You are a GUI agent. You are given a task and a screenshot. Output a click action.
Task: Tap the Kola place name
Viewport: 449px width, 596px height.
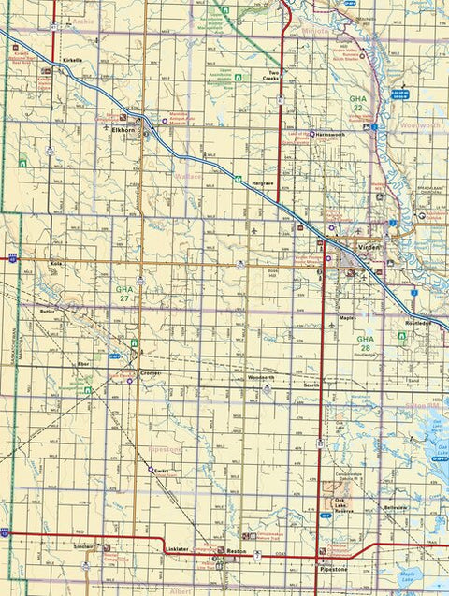(x=55, y=265)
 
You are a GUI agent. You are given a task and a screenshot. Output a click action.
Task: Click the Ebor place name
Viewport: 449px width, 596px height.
(x=83, y=361)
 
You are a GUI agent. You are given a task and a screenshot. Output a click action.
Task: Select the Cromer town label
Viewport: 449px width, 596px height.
(x=150, y=372)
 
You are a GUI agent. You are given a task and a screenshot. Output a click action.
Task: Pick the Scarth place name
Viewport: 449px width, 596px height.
(x=311, y=385)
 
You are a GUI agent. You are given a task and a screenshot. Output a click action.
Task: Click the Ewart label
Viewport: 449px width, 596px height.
(x=161, y=471)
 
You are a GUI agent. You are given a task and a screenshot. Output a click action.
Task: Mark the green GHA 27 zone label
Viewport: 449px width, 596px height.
(x=124, y=294)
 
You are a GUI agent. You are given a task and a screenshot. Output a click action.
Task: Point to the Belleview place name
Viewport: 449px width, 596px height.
(x=397, y=508)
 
